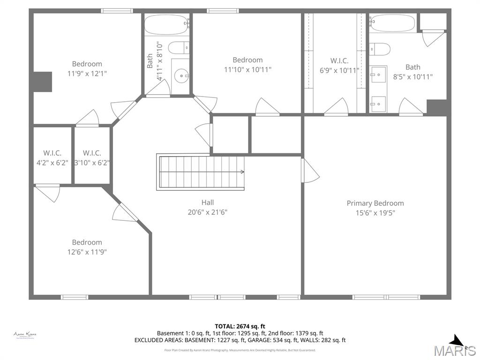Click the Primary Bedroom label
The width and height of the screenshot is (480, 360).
375,203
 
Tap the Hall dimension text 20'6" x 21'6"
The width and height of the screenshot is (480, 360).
208,212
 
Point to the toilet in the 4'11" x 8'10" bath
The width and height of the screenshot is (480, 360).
179,47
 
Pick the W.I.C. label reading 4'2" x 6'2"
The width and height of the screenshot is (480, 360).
52,157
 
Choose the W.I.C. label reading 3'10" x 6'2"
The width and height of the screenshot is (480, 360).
92,157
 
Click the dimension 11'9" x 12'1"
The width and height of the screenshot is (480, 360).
87,73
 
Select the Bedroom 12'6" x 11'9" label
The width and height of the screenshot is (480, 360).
87,247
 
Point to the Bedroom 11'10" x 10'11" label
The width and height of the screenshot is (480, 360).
247,64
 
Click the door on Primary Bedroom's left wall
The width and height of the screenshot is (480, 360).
309,171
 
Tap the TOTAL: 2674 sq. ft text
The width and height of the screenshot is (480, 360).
240,326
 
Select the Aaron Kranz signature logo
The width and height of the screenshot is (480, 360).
25,335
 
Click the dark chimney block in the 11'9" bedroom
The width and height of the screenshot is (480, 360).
42,82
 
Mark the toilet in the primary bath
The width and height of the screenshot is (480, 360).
380,48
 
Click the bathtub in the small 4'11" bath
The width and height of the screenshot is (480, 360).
167,24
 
